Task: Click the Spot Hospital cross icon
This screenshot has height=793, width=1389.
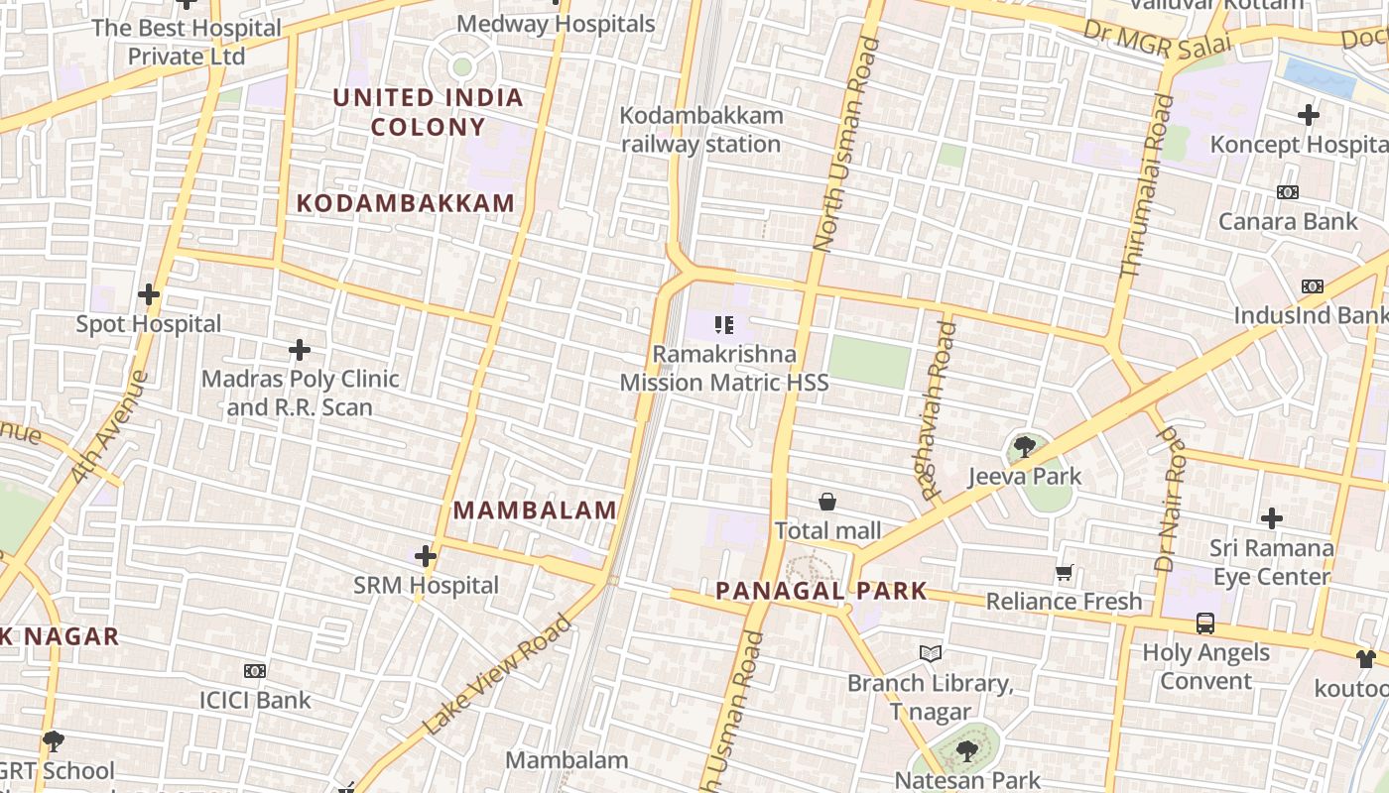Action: (149, 294)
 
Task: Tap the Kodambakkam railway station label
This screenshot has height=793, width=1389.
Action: (701, 130)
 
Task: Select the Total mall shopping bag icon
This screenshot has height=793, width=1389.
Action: (827, 503)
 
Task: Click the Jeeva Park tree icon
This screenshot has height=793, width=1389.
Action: (1025, 447)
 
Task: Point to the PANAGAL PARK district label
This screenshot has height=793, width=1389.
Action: (821, 592)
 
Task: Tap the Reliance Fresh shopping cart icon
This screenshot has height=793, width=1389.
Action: (1065, 572)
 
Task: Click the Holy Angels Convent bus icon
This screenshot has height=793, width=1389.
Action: (1205, 623)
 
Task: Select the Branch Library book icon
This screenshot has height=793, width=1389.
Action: (930, 654)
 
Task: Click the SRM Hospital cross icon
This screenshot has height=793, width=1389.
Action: (426, 556)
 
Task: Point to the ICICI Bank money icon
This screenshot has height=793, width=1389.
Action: (255, 671)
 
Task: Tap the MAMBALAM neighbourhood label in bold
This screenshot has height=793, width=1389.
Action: (535, 510)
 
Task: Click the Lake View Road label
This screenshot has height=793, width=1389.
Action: (498, 674)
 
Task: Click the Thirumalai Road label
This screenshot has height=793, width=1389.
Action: (1144, 186)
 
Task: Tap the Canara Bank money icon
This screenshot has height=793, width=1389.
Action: (1288, 192)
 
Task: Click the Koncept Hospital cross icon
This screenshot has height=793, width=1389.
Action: (1309, 115)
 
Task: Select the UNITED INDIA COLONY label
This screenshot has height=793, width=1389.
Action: (428, 112)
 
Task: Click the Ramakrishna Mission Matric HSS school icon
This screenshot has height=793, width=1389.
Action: (724, 324)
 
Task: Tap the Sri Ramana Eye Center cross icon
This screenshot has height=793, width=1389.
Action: (1271, 518)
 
